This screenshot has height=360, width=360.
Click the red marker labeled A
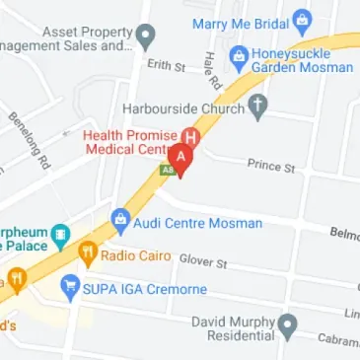pos(180,156)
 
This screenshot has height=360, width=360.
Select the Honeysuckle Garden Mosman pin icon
pos(238,57)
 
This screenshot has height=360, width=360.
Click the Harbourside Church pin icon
pos(259,108)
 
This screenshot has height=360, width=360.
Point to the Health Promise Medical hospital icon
pos(193,136)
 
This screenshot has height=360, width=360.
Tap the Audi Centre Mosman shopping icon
pos(120,219)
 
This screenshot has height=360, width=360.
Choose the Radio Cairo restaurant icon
pos(87,254)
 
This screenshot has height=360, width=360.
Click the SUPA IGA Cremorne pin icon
pos(69,288)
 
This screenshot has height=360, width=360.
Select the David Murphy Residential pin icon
pos(287,324)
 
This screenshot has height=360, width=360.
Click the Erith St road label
pos(166,65)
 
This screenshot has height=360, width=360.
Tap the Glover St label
pos(203,261)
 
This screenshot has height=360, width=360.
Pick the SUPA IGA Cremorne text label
pos(146,290)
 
